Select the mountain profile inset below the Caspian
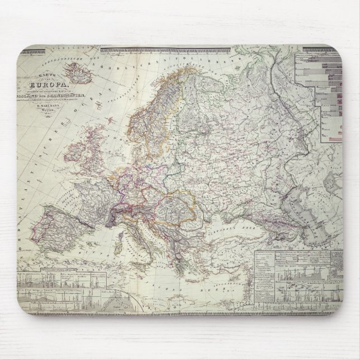pos(296,277)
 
